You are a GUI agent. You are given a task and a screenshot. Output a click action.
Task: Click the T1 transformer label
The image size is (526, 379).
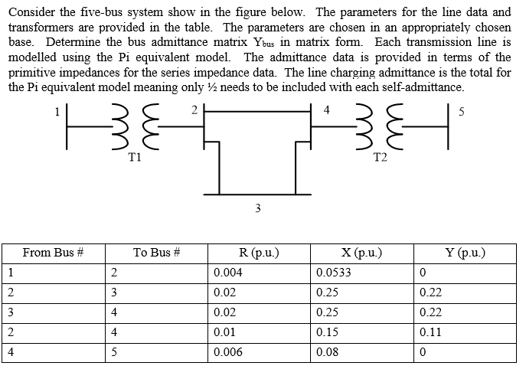point(134,158)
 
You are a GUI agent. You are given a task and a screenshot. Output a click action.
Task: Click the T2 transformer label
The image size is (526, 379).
point(379,158)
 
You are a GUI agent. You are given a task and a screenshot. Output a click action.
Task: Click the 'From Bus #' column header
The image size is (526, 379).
point(52,252)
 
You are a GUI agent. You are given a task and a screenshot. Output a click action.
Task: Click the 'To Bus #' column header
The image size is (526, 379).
point(155,252)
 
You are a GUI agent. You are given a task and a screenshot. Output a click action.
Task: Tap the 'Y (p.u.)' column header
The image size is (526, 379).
point(466,252)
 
